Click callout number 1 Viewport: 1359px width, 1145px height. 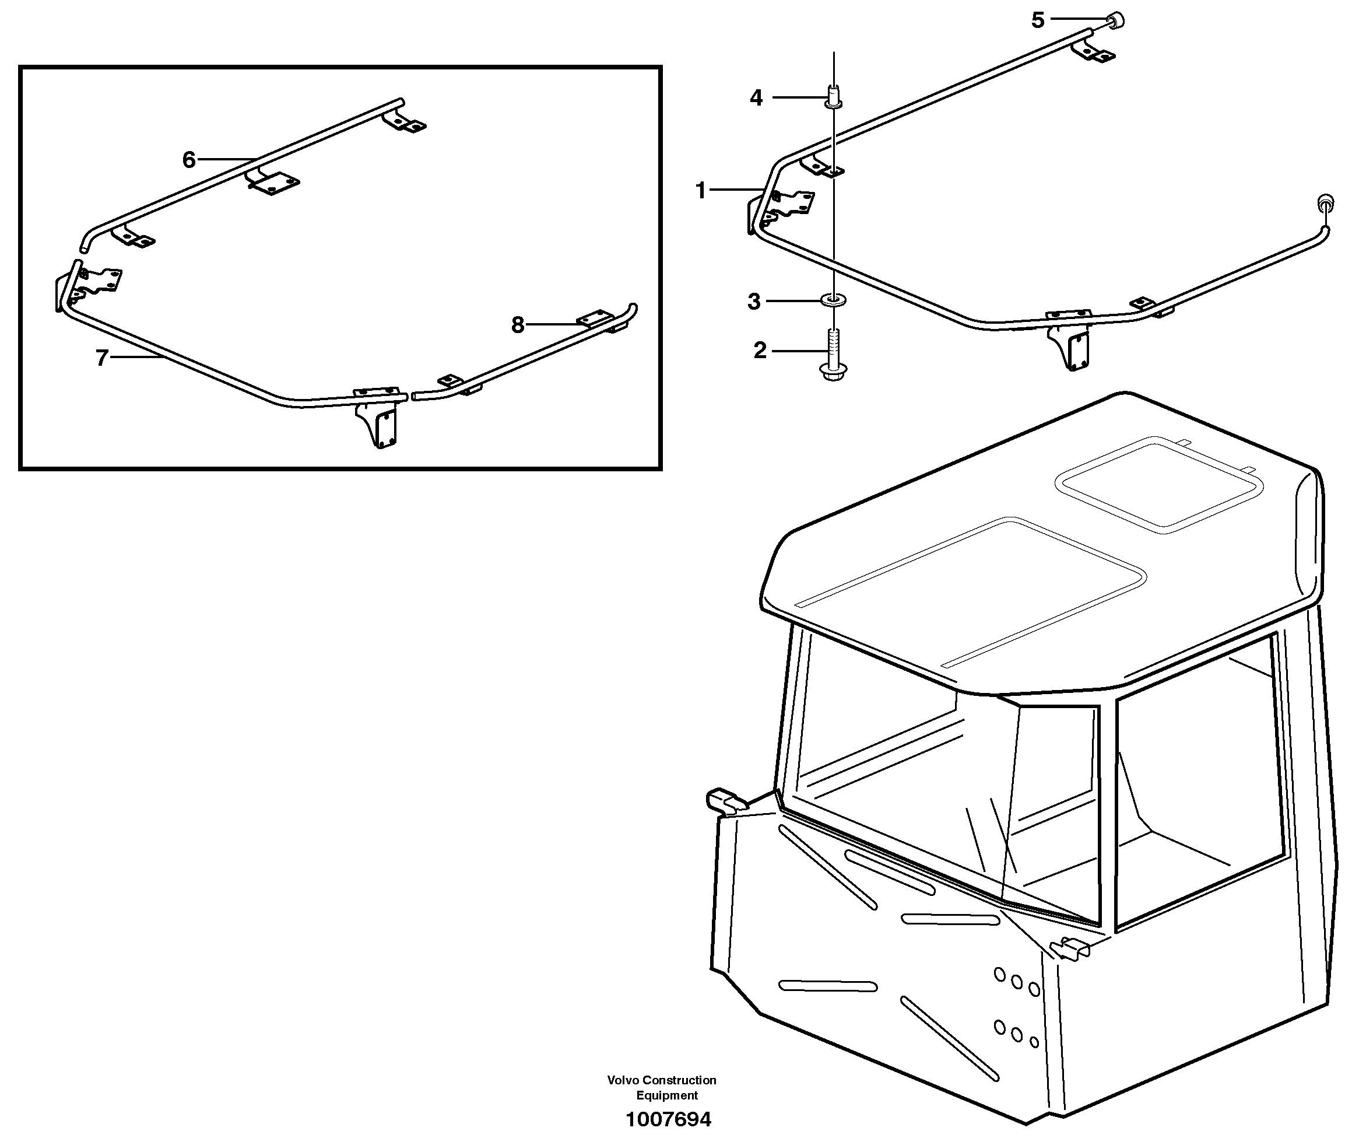(700, 190)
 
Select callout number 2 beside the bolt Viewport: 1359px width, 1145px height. (760, 351)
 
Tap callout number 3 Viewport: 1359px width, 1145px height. (754, 302)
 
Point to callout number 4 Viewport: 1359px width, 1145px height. (756, 98)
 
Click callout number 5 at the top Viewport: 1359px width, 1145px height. (1038, 20)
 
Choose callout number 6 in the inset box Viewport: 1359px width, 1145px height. (189, 159)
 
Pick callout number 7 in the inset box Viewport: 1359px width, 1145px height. (102, 358)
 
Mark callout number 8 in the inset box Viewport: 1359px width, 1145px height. (517, 324)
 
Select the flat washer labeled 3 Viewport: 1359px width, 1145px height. (833, 300)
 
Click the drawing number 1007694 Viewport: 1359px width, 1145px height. (668, 1119)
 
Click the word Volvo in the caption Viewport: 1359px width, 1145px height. (623, 1080)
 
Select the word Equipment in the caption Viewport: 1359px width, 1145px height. (667, 1095)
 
